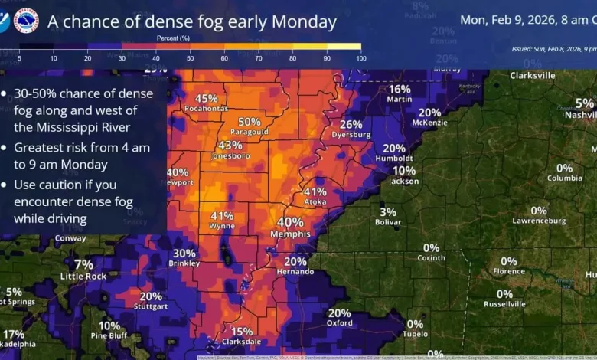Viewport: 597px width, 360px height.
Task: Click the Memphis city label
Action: tap(290, 234)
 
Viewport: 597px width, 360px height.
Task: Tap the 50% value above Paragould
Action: tap(250, 122)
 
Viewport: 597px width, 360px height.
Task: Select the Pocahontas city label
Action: tap(206, 109)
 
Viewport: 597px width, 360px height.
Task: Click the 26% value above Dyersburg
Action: tap(351, 124)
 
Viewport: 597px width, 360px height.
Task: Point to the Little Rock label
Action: tap(83, 277)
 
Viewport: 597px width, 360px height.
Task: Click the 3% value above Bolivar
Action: tap(388, 212)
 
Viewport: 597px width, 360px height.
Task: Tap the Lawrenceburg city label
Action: tap(540, 221)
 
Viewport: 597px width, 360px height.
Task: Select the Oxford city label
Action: tap(339, 323)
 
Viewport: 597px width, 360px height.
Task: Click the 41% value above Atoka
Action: tap(315, 191)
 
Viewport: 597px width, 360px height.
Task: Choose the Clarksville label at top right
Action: tap(533, 76)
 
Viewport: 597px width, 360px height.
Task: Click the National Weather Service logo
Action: tap(26, 21)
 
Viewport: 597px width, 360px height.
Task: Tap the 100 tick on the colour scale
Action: tap(360, 58)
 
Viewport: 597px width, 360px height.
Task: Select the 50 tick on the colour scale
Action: tap(191, 58)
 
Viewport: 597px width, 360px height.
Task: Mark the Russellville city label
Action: tap(504, 304)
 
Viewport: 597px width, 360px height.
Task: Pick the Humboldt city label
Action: tap(394, 159)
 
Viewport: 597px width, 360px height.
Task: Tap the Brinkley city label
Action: tap(184, 263)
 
